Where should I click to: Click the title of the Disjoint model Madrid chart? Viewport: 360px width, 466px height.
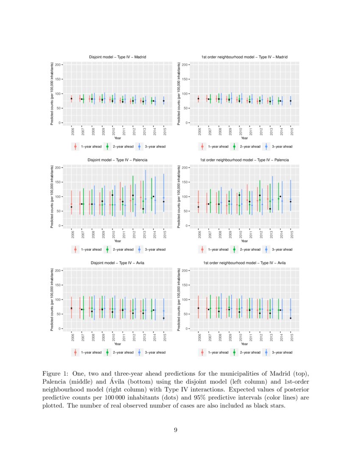pos(118,57)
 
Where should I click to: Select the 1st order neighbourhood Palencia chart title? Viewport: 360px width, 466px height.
pos(244,160)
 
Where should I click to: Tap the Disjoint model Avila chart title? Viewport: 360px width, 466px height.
pos(118,263)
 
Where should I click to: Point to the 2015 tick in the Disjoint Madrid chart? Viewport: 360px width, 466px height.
pos(164,131)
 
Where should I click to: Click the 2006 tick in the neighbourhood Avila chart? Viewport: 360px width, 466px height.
pos(198,337)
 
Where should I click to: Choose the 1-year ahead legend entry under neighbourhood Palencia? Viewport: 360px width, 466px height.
pos(215,250)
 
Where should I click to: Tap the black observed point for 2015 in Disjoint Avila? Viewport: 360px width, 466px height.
pos(164,318)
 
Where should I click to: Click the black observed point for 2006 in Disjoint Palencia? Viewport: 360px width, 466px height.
pos(72,207)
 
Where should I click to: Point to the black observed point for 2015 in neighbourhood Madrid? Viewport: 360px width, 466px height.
pos(291,101)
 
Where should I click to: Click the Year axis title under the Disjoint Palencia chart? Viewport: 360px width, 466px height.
pos(118,241)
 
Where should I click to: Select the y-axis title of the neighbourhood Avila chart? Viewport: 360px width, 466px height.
pos(180,300)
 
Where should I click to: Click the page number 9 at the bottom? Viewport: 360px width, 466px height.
pos(176,430)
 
